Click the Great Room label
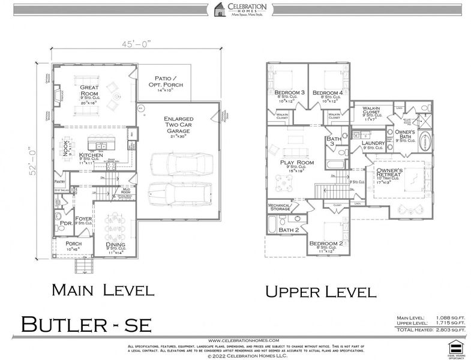89,91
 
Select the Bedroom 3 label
289,93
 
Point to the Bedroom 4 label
327,93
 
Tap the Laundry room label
374,143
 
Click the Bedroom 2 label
324,244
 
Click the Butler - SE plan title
88,323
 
